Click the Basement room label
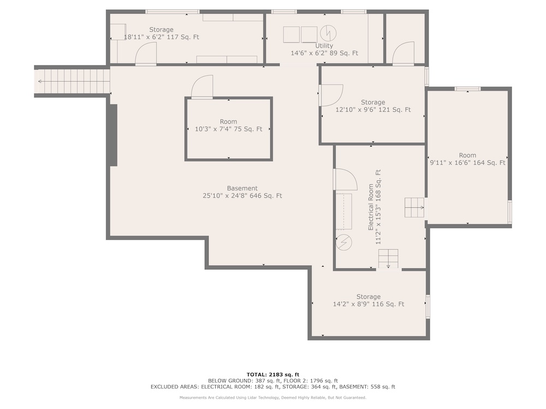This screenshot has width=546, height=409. point(242,188)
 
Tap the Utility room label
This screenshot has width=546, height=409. point(324,46)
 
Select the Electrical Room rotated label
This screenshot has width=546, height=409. point(371,207)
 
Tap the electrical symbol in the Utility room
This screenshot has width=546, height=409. point(328,33)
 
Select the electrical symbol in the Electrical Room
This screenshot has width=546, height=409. point(343,243)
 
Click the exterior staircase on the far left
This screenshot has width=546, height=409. point(73,81)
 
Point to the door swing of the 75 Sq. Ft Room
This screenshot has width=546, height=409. point(202,87)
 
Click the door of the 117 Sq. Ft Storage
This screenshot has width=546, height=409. point(146,53)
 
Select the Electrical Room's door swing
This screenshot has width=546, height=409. point(346,179)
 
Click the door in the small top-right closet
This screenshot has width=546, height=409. point(403,53)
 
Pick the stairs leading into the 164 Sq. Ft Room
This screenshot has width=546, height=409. point(414,208)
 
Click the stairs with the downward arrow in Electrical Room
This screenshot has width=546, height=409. point(388,258)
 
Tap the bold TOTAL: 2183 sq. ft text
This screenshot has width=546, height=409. point(273,375)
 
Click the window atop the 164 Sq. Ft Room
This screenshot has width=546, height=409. point(468,89)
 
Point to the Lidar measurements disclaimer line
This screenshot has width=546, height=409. point(273,398)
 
